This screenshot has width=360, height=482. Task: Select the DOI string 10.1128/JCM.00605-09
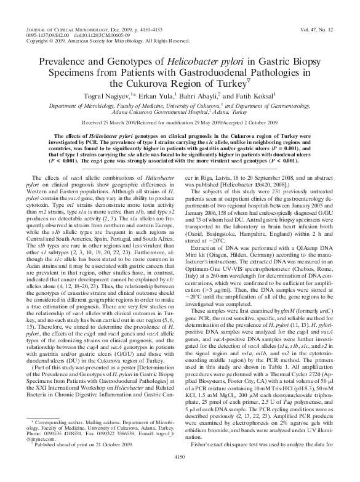tap(81, 34)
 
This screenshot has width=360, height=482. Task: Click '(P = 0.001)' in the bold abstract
tap(300, 147)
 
